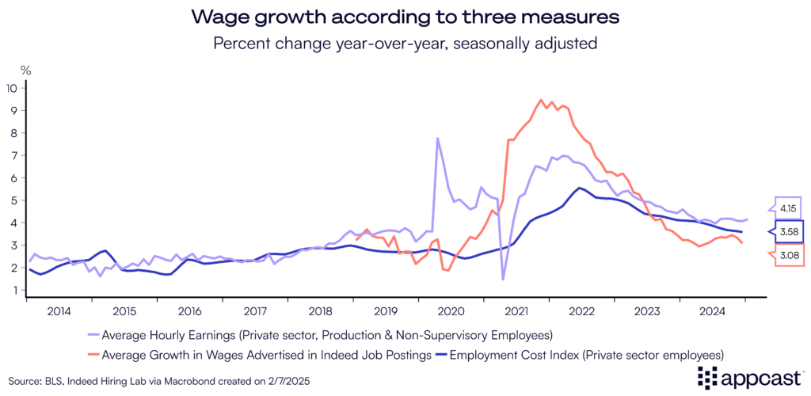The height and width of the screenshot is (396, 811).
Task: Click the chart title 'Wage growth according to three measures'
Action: (x=405, y=16)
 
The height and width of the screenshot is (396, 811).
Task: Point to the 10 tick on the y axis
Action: (x=11, y=88)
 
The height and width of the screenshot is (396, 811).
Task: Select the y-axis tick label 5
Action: (x=13, y=200)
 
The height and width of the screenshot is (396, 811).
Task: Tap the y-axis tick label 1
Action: (x=13, y=291)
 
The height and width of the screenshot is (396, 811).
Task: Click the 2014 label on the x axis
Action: (x=59, y=310)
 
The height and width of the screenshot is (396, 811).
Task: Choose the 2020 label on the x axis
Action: (x=450, y=310)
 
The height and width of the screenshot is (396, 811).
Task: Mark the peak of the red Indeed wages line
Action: (x=541, y=100)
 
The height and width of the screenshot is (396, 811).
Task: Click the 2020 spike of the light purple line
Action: (x=437, y=139)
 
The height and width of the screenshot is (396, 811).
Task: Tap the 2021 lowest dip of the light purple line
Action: (x=503, y=279)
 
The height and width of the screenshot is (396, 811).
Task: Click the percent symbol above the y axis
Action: (x=25, y=70)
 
